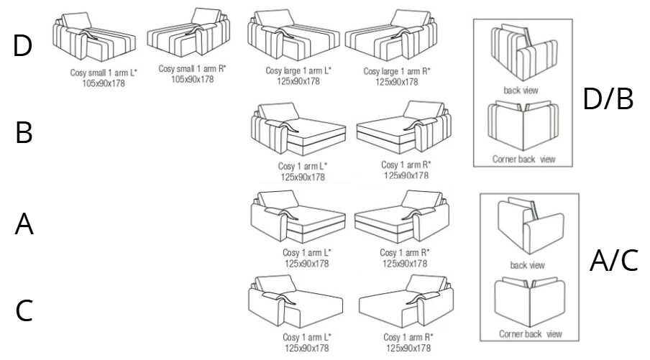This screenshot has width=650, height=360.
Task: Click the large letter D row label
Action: (x=22, y=45)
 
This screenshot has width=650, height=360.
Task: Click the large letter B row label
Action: (x=24, y=132)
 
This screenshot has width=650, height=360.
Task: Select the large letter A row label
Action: (x=24, y=223)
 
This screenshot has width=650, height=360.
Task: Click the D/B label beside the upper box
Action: (x=608, y=98)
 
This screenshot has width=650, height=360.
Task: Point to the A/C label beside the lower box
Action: (x=613, y=261)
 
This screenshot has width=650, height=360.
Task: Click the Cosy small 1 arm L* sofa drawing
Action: (x=94, y=37)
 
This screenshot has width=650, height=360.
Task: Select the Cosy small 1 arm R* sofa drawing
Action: (x=188, y=32)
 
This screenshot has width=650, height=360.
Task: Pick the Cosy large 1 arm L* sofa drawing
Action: (x=293, y=34)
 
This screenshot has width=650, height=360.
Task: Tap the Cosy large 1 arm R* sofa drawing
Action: (x=391, y=34)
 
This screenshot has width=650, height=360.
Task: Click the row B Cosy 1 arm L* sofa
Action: (x=298, y=129)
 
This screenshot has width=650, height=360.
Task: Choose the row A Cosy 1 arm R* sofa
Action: (x=402, y=216)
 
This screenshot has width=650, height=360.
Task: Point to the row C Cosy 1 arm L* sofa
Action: (x=296, y=301)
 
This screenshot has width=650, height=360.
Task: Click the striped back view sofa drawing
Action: (x=524, y=52)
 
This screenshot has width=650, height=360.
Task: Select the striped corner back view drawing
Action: (x=523, y=126)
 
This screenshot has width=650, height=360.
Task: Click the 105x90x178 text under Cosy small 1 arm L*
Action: (x=104, y=83)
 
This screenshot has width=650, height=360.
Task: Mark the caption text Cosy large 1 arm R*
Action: (x=397, y=71)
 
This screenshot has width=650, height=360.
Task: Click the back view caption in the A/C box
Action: (x=527, y=265)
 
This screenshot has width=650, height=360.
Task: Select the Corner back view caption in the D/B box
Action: (x=523, y=159)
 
